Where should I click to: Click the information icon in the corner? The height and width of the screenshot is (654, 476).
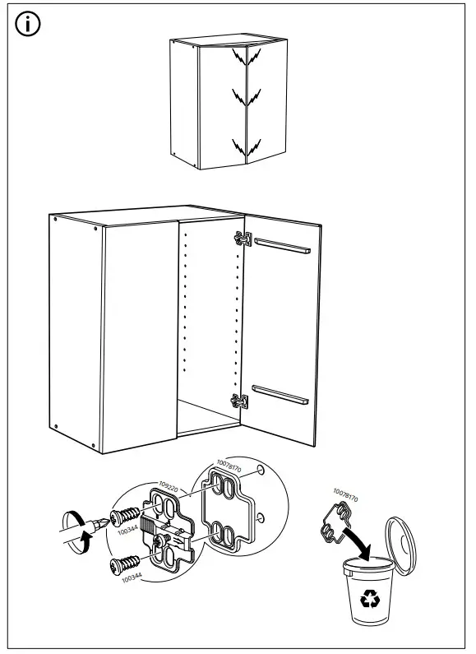(27, 25)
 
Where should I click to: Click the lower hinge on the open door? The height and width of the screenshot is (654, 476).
(239, 401)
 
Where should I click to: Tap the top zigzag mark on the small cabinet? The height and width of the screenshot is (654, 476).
(238, 58)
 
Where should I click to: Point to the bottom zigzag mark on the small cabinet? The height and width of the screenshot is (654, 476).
(238, 147)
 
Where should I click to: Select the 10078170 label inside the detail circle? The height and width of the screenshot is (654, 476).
(229, 468)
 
